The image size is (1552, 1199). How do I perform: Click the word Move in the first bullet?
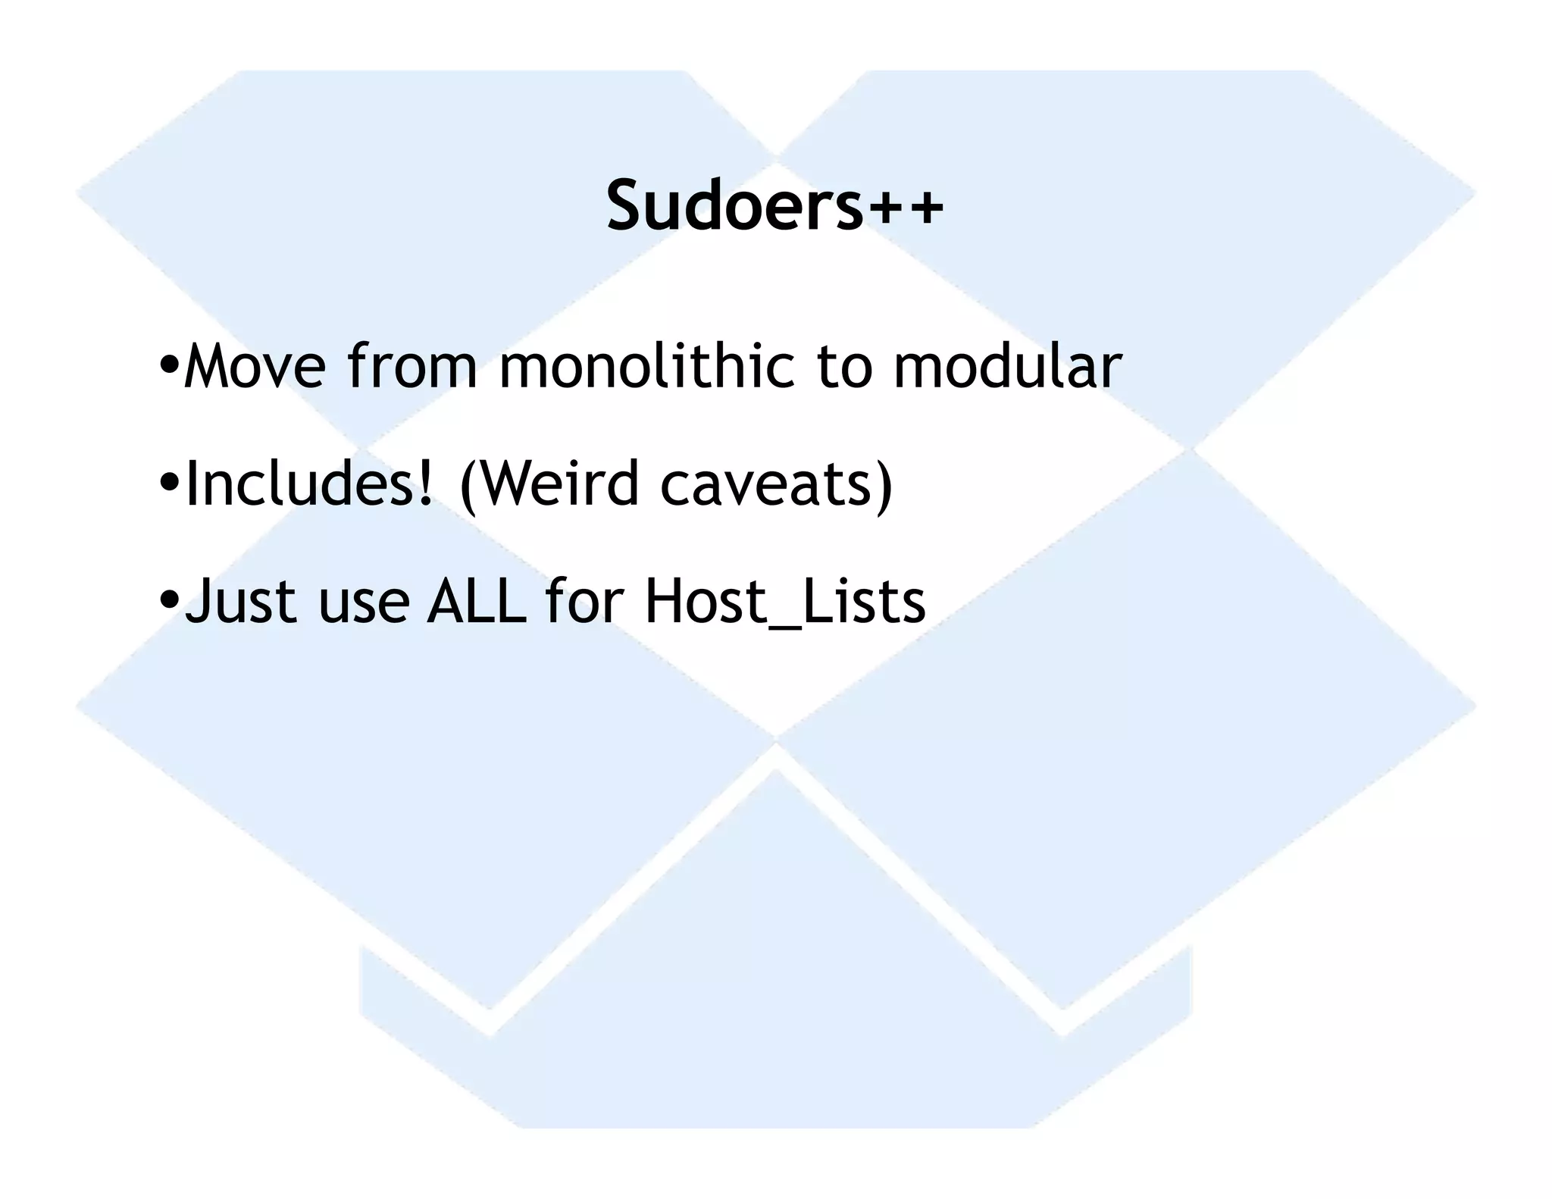click(255, 366)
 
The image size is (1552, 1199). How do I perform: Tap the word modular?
click(1007, 366)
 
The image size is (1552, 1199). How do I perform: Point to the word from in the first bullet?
click(412, 366)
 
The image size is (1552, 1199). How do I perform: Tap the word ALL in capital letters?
click(477, 602)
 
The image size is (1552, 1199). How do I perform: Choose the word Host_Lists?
click(785, 603)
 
